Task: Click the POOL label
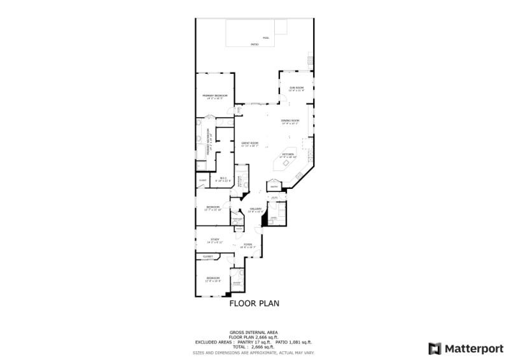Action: coord(266,38)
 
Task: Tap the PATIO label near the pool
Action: coord(254,45)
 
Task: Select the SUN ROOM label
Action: coord(296,88)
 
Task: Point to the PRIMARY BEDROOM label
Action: coord(215,95)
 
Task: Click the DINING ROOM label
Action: coord(290,120)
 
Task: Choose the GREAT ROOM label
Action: coord(249,143)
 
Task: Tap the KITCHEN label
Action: coord(288,155)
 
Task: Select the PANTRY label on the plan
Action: coord(274,187)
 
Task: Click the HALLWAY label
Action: coord(256,209)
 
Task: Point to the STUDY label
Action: coord(215,240)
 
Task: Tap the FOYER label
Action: coord(248,245)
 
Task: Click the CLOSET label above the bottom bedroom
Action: coord(208,256)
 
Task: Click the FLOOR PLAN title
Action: coord(254,303)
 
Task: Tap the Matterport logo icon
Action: coord(435,349)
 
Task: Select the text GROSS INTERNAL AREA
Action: coord(254,333)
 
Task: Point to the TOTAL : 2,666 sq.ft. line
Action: coord(254,347)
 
